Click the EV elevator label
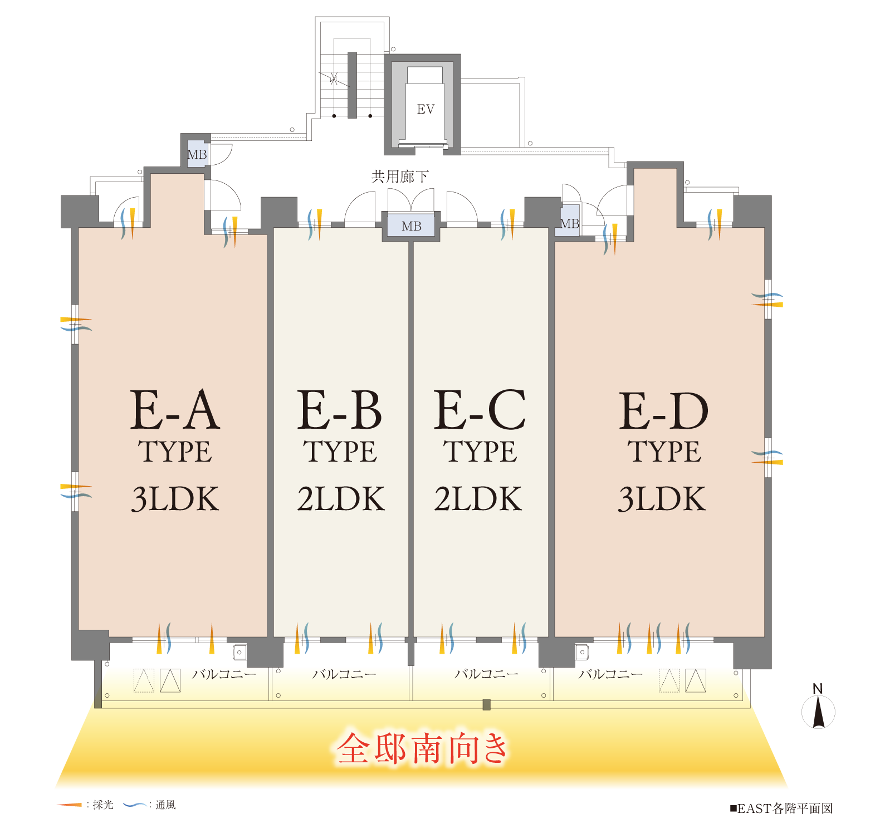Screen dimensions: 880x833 click(426, 109)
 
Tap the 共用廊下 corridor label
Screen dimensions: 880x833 click(400, 177)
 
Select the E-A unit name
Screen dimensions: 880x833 click(175, 410)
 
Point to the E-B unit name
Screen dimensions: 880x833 click(339, 410)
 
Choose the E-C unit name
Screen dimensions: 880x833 click(480, 410)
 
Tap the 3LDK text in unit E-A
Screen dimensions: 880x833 click(175, 499)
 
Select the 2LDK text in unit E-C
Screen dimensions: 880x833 click(478, 499)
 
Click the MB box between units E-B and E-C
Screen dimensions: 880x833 click(412, 226)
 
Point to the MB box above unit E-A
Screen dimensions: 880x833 click(197, 154)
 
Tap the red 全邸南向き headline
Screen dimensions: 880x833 click(422, 748)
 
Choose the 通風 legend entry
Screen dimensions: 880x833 click(149, 805)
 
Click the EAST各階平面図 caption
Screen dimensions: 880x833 click(781, 808)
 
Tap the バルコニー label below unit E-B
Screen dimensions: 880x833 click(344, 674)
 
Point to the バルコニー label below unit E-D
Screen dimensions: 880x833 click(610, 674)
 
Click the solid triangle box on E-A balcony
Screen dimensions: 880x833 click(170, 680)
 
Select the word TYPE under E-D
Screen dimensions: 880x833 click(664, 452)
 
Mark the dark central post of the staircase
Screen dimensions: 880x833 click(352, 85)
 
